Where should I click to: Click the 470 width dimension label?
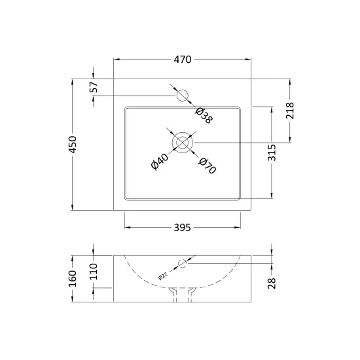click(x=183, y=60)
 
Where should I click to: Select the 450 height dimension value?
click(x=73, y=145)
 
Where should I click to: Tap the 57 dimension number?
click(x=94, y=87)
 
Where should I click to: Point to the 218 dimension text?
click(x=290, y=111)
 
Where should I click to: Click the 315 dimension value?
click(x=272, y=153)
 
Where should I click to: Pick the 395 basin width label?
click(x=183, y=228)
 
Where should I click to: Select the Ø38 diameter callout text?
click(x=204, y=115)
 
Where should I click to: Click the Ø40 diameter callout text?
click(x=160, y=162)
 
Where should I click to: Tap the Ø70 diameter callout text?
click(x=207, y=166)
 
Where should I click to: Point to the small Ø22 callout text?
click(x=163, y=276)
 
